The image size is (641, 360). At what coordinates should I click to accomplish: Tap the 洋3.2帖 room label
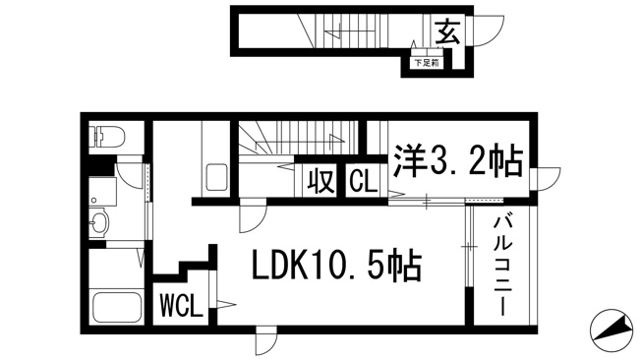pyautogui.click(x=457, y=161)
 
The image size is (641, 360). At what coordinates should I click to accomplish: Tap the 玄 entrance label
pyautogui.click(x=447, y=31)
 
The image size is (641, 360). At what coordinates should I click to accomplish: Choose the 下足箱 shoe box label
pyautogui.click(x=427, y=63)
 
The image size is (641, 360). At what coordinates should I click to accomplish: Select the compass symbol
pyautogui.click(x=611, y=330)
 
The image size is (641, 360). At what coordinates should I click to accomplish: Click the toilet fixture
pyautogui.click(x=107, y=137)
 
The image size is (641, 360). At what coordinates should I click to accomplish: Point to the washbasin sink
pyautogui.click(x=98, y=223)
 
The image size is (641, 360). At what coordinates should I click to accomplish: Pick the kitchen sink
pyautogui.click(x=216, y=177)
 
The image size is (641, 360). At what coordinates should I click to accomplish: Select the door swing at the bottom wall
pyautogui.click(x=265, y=340)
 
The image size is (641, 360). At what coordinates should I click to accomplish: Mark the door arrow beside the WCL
pyautogui.click(x=225, y=304)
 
